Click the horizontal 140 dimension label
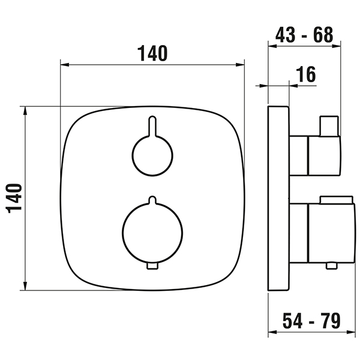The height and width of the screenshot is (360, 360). pos(152,53)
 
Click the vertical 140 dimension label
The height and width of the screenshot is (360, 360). pos(14,199)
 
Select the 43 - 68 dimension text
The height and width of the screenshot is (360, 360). pos(304,35)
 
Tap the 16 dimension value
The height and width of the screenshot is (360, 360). pos(306,74)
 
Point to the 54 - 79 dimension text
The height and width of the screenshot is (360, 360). pos(311,321)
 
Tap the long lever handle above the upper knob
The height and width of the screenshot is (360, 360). pos(152,127)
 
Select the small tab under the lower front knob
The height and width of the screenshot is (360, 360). pos(152,266)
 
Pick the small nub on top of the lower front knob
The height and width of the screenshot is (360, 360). pos(152,200)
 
